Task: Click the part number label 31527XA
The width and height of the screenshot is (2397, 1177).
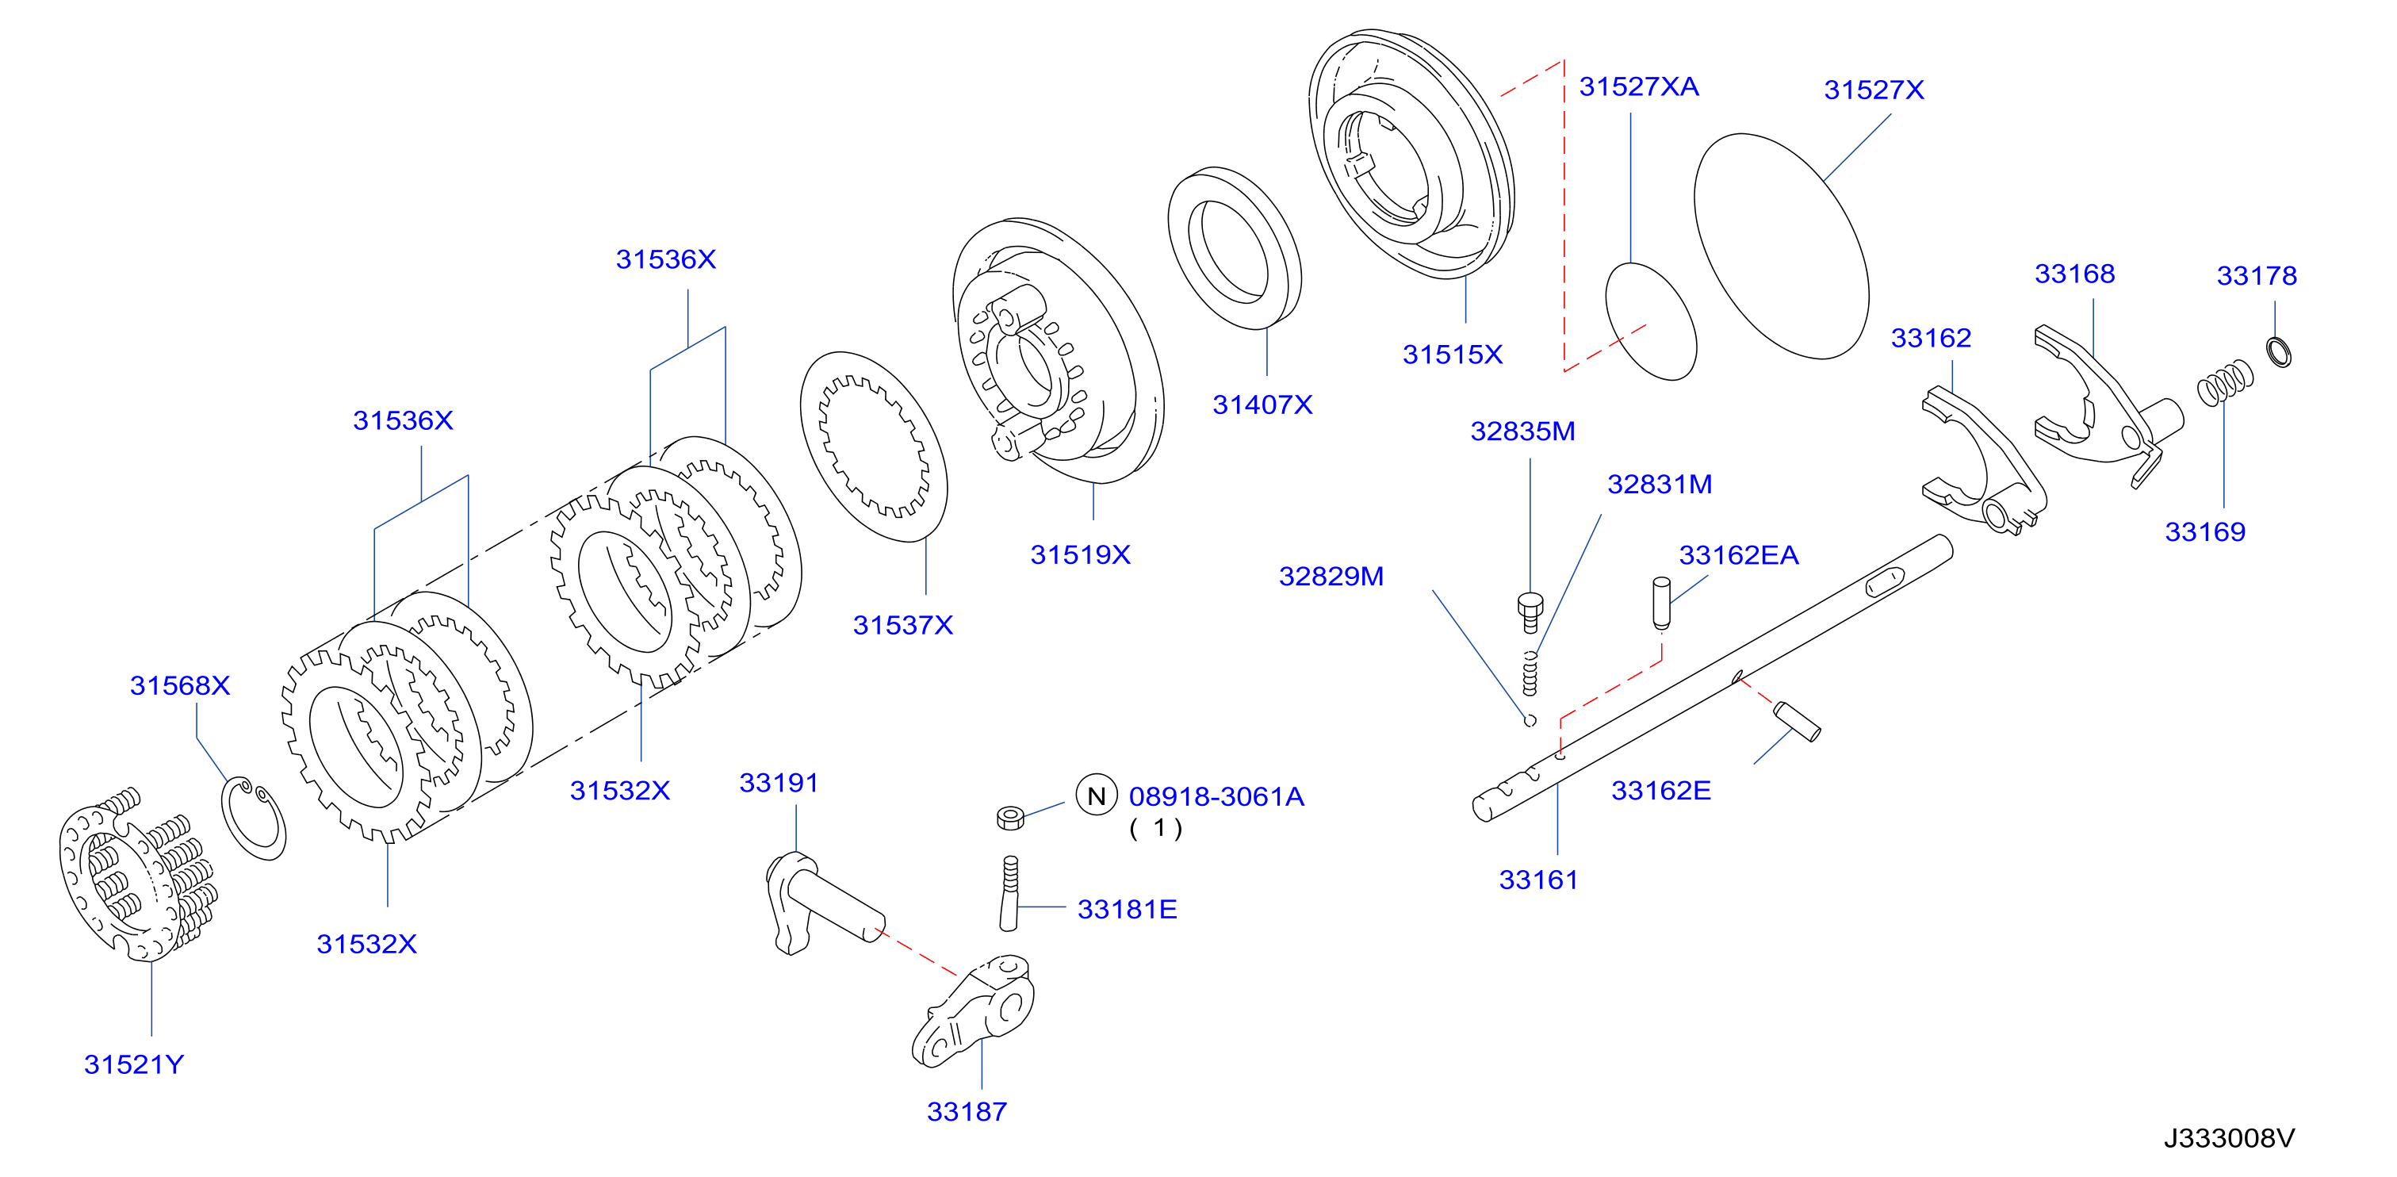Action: pyautogui.click(x=1639, y=86)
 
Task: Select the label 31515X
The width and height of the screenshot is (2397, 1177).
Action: pyautogui.click(x=1452, y=355)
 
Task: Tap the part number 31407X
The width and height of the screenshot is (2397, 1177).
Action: pyautogui.click(x=1262, y=404)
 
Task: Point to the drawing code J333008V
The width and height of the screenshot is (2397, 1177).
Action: pyautogui.click(x=2229, y=1138)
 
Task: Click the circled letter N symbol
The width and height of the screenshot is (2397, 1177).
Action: pyautogui.click(x=1096, y=796)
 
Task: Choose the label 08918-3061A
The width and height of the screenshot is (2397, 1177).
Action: pyautogui.click(x=1216, y=796)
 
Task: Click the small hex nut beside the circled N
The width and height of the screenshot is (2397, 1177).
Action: pyautogui.click(x=1009, y=818)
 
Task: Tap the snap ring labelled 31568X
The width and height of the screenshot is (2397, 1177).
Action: pyautogui.click(x=254, y=818)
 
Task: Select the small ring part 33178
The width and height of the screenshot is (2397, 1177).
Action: pyautogui.click(x=2278, y=351)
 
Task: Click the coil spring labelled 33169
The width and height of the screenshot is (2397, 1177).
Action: pyautogui.click(x=2225, y=381)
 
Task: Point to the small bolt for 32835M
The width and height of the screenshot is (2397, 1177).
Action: pyautogui.click(x=1530, y=612)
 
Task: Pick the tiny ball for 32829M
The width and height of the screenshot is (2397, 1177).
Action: pyautogui.click(x=1530, y=720)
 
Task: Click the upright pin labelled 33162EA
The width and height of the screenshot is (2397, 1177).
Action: pyautogui.click(x=1662, y=603)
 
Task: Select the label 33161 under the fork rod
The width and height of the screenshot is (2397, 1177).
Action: pyautogui.click(x=1538, y=880)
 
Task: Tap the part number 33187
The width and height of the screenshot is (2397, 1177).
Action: pyautogui.click(x=967, y=1112)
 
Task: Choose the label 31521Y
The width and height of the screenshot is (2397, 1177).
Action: pyautogui.click(x=134, y=1064)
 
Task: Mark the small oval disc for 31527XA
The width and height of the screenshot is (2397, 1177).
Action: pyautogui.click(x=1651, y=321)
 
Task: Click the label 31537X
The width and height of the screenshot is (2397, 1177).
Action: pyautogui.click(x=902, y=625)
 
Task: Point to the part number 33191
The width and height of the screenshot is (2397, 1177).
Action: pyautogui.click(x=779, y=784)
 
